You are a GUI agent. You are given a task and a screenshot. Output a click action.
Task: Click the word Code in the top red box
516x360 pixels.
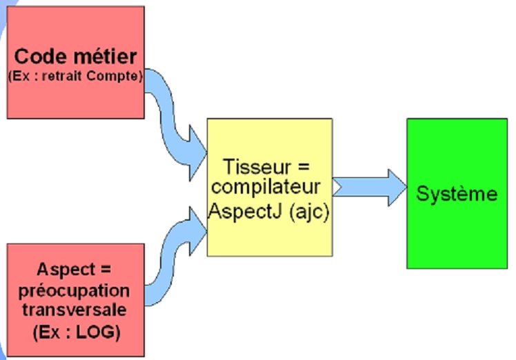click(40, 57)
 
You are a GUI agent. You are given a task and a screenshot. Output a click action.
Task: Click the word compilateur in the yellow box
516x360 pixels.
click(266, 188)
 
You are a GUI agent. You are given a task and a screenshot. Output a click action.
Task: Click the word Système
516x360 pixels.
click(457, 194)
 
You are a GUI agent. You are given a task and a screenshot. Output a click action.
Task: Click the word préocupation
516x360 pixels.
click(75, 290)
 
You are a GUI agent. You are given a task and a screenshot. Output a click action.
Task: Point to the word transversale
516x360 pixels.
click(76, 311)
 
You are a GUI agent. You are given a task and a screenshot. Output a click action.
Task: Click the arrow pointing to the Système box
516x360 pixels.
click(369, 187)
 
